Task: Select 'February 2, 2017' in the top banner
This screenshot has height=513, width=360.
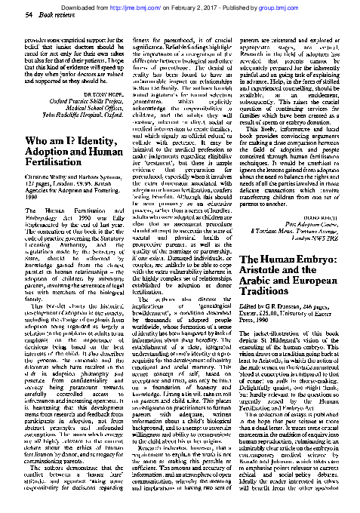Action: pos(225,5)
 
